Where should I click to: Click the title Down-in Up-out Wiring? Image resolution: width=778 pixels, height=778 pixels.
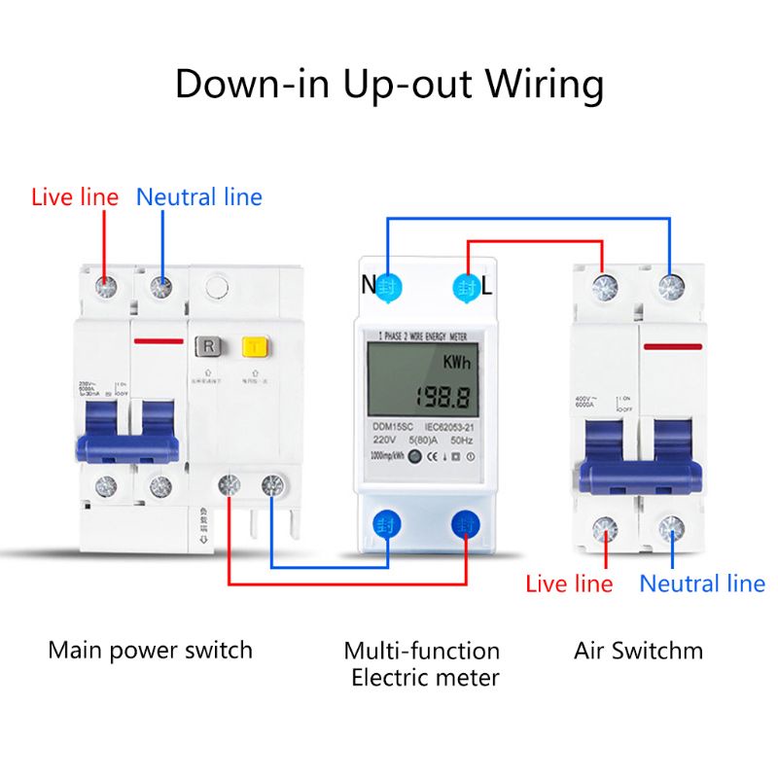tap(389, 85)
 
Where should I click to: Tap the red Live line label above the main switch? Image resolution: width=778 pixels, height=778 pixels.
tap(75, 197)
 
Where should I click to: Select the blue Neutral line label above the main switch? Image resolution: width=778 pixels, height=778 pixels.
tap(199, 197)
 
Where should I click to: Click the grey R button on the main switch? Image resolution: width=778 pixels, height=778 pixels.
tap(207, 346)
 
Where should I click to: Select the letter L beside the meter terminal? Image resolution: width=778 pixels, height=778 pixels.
tap(487, 286)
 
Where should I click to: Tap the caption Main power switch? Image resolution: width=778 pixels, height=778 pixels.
tap(150, 650)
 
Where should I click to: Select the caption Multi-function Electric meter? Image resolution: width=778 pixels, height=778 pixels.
tap(422, 663)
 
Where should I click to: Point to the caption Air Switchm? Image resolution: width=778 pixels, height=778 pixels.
tap(638, 650)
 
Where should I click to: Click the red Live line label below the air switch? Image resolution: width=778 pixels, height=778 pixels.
tap(569, 583)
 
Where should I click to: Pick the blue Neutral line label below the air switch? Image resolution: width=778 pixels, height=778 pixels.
tap(702, 583)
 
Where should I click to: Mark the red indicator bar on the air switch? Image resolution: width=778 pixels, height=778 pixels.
tap(675, 346)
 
